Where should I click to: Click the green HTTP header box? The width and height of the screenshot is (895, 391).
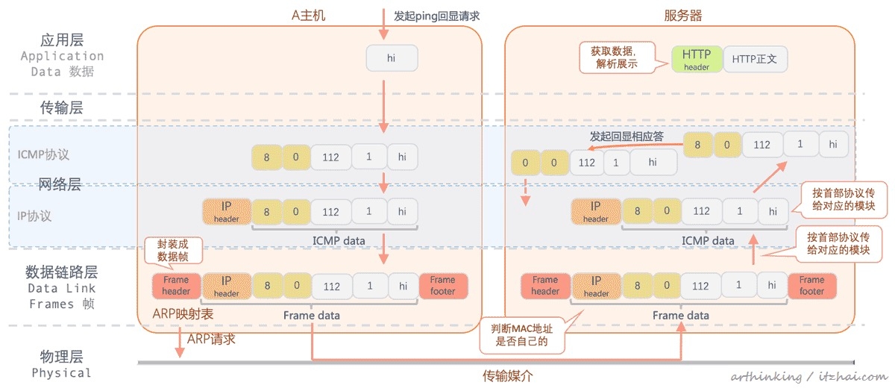[x=697, y=58]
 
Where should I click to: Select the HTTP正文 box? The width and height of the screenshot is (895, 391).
[x=755, y=58]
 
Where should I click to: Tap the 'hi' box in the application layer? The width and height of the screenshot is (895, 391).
[x=392, y=58]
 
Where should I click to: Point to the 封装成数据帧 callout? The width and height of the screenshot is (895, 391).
[x=173, y=249]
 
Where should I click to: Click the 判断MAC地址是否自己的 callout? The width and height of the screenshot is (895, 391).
[x=521, y=335]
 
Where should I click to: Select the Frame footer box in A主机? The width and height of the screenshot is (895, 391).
[x=443, y=286]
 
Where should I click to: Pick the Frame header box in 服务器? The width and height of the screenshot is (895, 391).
[x=545, y=286]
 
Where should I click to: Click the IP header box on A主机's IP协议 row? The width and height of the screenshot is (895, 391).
[x=227, y=212]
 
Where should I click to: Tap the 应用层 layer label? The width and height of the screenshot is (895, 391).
[x=61, y=40]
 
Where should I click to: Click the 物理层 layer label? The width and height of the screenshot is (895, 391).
[x=61, y=356]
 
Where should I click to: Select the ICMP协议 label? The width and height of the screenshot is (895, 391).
[x=43, y=154]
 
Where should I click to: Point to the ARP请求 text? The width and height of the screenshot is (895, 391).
[x=211, y=339]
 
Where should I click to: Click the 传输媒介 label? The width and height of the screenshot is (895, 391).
[x=508, y=375]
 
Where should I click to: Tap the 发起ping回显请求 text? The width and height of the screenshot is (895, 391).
[x=436, y=15]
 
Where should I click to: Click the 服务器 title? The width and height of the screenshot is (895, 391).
[x=682, y=15]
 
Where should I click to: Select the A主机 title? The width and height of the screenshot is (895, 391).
[x=308, y=15]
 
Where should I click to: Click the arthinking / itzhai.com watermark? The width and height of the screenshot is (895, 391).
[x=808, y=377]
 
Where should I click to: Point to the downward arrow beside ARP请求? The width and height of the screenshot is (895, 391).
[x=180, y=342]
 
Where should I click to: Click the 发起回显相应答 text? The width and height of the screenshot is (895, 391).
[x=626, y=137]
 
